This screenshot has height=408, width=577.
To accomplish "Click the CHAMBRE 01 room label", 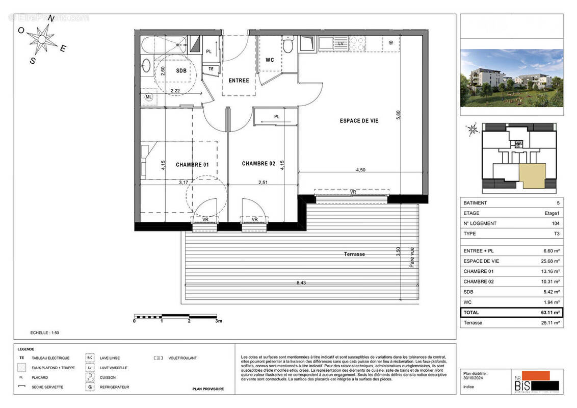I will tap(192, 165).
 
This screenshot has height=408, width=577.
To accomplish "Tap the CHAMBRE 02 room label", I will tap(258, 164).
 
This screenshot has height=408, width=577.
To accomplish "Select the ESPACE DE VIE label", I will tap(359, 121).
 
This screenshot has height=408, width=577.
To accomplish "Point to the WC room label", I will tap(270, 60).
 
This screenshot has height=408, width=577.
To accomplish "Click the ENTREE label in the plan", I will tap(239, 81).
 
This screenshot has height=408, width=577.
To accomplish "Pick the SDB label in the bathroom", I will tap(181, 71).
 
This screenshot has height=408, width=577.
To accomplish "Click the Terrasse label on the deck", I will tap(354, 254).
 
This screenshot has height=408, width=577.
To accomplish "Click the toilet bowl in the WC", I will tap(287, 46).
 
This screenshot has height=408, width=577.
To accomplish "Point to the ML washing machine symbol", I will tap(149, 96).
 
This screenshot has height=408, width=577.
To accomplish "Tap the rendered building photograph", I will tap(511, 78).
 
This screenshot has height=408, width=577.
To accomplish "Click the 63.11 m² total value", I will tap(550, 313).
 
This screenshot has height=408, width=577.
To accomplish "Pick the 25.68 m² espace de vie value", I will tap(549, 261).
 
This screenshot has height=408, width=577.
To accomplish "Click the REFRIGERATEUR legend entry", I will tap(114, 387).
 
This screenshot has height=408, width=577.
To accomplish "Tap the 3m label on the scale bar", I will tap(219, 321).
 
